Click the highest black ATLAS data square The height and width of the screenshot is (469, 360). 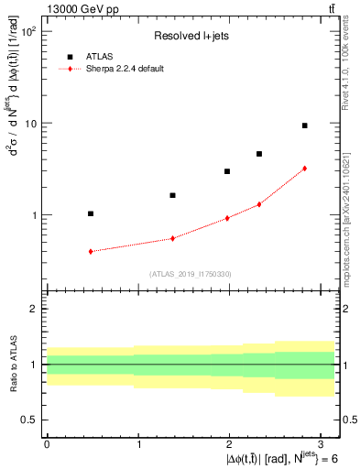point(304,125)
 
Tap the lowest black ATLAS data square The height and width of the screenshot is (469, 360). point(91,213)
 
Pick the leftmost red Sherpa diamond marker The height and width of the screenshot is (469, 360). point(91,251)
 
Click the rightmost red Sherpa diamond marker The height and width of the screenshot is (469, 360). point(304,169)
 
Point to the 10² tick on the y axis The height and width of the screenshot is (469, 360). point(28,32)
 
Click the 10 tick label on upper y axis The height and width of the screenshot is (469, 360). point(30,124)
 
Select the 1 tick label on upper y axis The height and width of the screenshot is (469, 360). point(34,215)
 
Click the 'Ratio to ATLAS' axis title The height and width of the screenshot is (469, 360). point(13,364)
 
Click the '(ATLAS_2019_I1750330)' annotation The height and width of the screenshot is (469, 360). point(190,273)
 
